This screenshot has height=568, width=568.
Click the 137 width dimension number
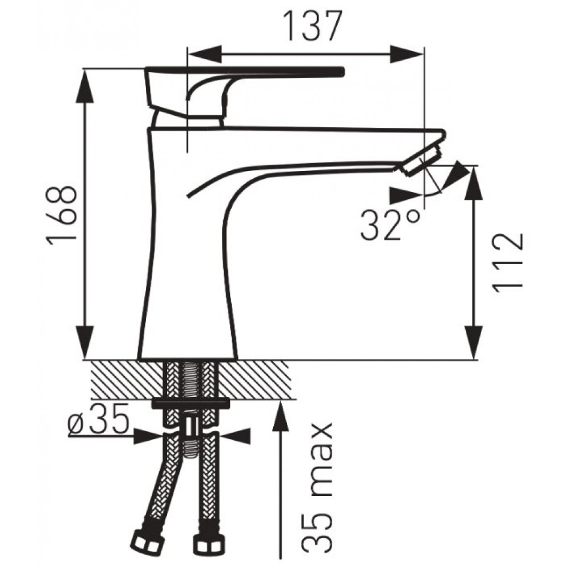click(x=312, y=26)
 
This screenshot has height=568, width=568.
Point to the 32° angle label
click(x=391, y=225)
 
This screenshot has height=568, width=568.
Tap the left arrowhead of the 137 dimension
click(x=204, y=55)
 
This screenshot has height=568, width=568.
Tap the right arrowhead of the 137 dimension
click(x=406, y=55)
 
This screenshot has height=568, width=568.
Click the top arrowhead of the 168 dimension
click(x=86, y=86)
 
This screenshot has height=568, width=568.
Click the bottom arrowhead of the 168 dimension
click(x=86, y=343)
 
